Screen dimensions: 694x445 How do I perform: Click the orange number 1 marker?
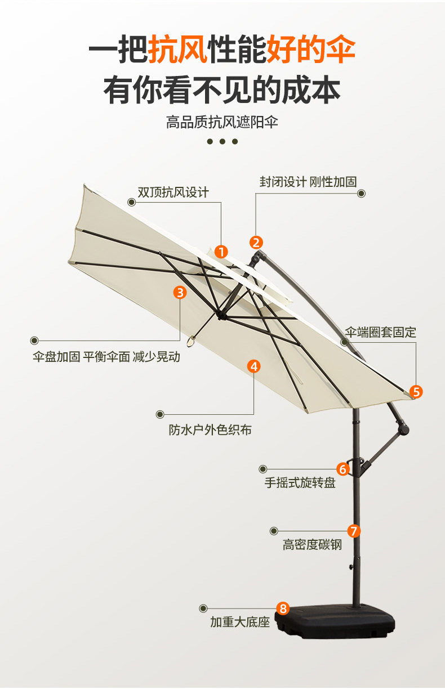pos(221,252)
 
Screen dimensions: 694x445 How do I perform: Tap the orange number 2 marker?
pos(256,243)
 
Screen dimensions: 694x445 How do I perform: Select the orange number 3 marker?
pos(180,292)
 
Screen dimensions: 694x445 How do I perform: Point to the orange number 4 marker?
pos(254,366)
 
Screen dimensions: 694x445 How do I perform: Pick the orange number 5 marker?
pos(416,392)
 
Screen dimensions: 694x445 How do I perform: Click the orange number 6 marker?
pos(343,468)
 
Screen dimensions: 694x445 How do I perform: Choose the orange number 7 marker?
pos(354,530)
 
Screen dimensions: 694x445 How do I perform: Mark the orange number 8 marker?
pos(283,608)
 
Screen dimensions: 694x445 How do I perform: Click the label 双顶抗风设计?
pos(173,192)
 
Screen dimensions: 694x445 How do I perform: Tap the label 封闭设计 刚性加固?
pos(308,182)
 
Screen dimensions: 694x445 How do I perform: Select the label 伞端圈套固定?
pos(381,332)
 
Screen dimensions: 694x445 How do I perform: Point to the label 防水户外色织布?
pos(210,430)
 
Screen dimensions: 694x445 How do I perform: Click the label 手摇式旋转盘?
pos(300,483)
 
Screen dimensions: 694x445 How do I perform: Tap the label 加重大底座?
pos(240,622)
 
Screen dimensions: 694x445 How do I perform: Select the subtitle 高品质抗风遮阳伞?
pos(222,122)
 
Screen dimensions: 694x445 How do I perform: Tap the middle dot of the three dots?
pos(222,141)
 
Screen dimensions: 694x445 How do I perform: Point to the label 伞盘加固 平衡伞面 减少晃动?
pos(107,357)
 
